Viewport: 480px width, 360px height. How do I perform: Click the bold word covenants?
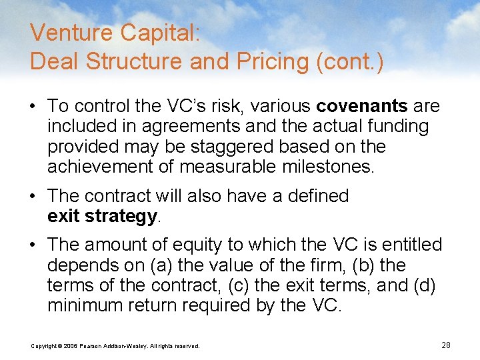362,106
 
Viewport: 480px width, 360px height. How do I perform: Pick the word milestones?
325,166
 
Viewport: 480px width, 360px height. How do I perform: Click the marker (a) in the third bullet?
163,265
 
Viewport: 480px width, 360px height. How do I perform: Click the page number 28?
446,345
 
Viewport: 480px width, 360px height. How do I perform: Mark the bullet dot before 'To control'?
34,107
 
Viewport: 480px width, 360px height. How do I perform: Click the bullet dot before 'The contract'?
34,197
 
